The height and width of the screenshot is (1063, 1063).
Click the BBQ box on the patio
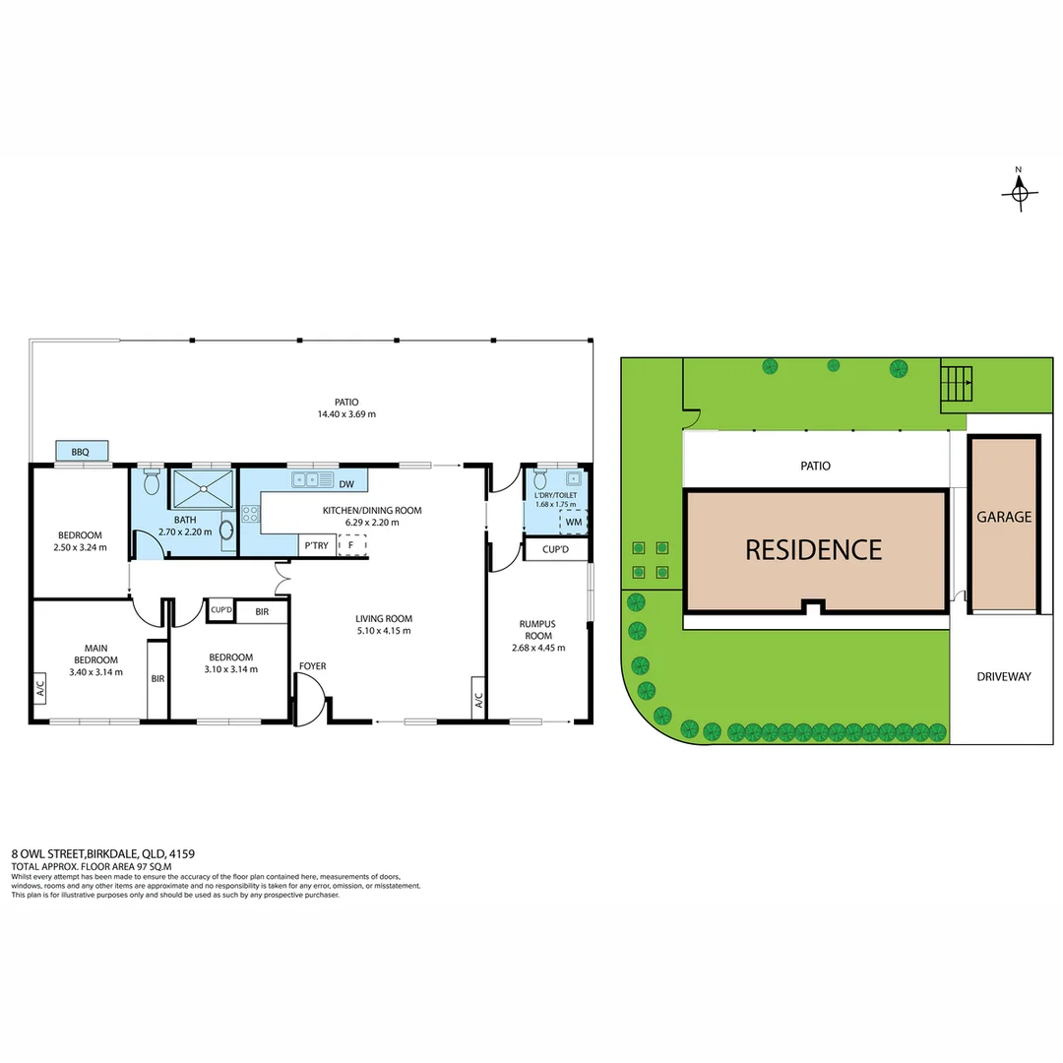click(x=81, y=452)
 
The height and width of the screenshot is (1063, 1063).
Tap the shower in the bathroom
click(x=204, y=489)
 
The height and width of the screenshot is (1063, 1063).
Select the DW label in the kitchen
click(x=345, y=484)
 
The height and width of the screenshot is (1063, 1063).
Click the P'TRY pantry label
click(x=316, y=545)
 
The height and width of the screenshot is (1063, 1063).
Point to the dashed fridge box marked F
click(x=351, y=545)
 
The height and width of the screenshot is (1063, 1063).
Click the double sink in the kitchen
click(x=311, y=480)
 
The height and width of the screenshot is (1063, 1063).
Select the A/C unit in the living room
click(x=478, y=700)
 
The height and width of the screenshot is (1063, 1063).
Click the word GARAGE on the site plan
click(x=1004, y=517)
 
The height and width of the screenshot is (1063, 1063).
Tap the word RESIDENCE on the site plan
click(x=813, y=549)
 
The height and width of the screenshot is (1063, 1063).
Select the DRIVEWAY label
click(x=1004, y=677)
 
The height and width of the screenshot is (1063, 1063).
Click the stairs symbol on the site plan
click(x=957, y=382)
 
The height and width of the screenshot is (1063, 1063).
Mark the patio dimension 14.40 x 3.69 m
click(x=345, y=414)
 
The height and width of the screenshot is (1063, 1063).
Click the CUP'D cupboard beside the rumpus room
click(x=555, y=549)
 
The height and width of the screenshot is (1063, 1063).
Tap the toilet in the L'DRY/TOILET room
click(x=538, y=483)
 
